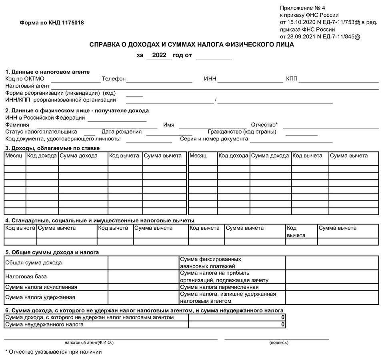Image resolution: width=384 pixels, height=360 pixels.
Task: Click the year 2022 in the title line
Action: point(159,55)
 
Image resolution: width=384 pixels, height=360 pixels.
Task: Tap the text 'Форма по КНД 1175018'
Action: point(52,22)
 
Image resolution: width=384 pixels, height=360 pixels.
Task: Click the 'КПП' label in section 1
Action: point(292,79)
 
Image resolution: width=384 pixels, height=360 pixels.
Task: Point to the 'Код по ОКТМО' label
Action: point(25,79)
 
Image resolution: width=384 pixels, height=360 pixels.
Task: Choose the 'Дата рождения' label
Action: point(122,132)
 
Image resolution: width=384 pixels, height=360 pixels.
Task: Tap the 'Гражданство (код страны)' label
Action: point(242,132)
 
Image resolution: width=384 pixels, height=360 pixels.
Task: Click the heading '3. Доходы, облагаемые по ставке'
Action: point(52,148)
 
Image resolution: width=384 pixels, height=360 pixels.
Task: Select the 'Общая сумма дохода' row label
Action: point(34,263)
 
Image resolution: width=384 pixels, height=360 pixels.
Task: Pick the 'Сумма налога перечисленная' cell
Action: point(220,287)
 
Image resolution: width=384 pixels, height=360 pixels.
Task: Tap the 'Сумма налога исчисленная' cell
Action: point(41,287)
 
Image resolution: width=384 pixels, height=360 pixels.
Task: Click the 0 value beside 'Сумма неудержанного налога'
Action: point(283,324)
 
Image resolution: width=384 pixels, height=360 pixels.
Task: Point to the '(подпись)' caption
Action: point(279,342)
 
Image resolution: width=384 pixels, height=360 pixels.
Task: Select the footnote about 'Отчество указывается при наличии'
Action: point(54,352)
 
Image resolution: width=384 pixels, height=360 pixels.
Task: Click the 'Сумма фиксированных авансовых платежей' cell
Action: point(211,263)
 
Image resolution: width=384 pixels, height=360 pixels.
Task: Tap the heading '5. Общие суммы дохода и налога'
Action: point(52,252)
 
